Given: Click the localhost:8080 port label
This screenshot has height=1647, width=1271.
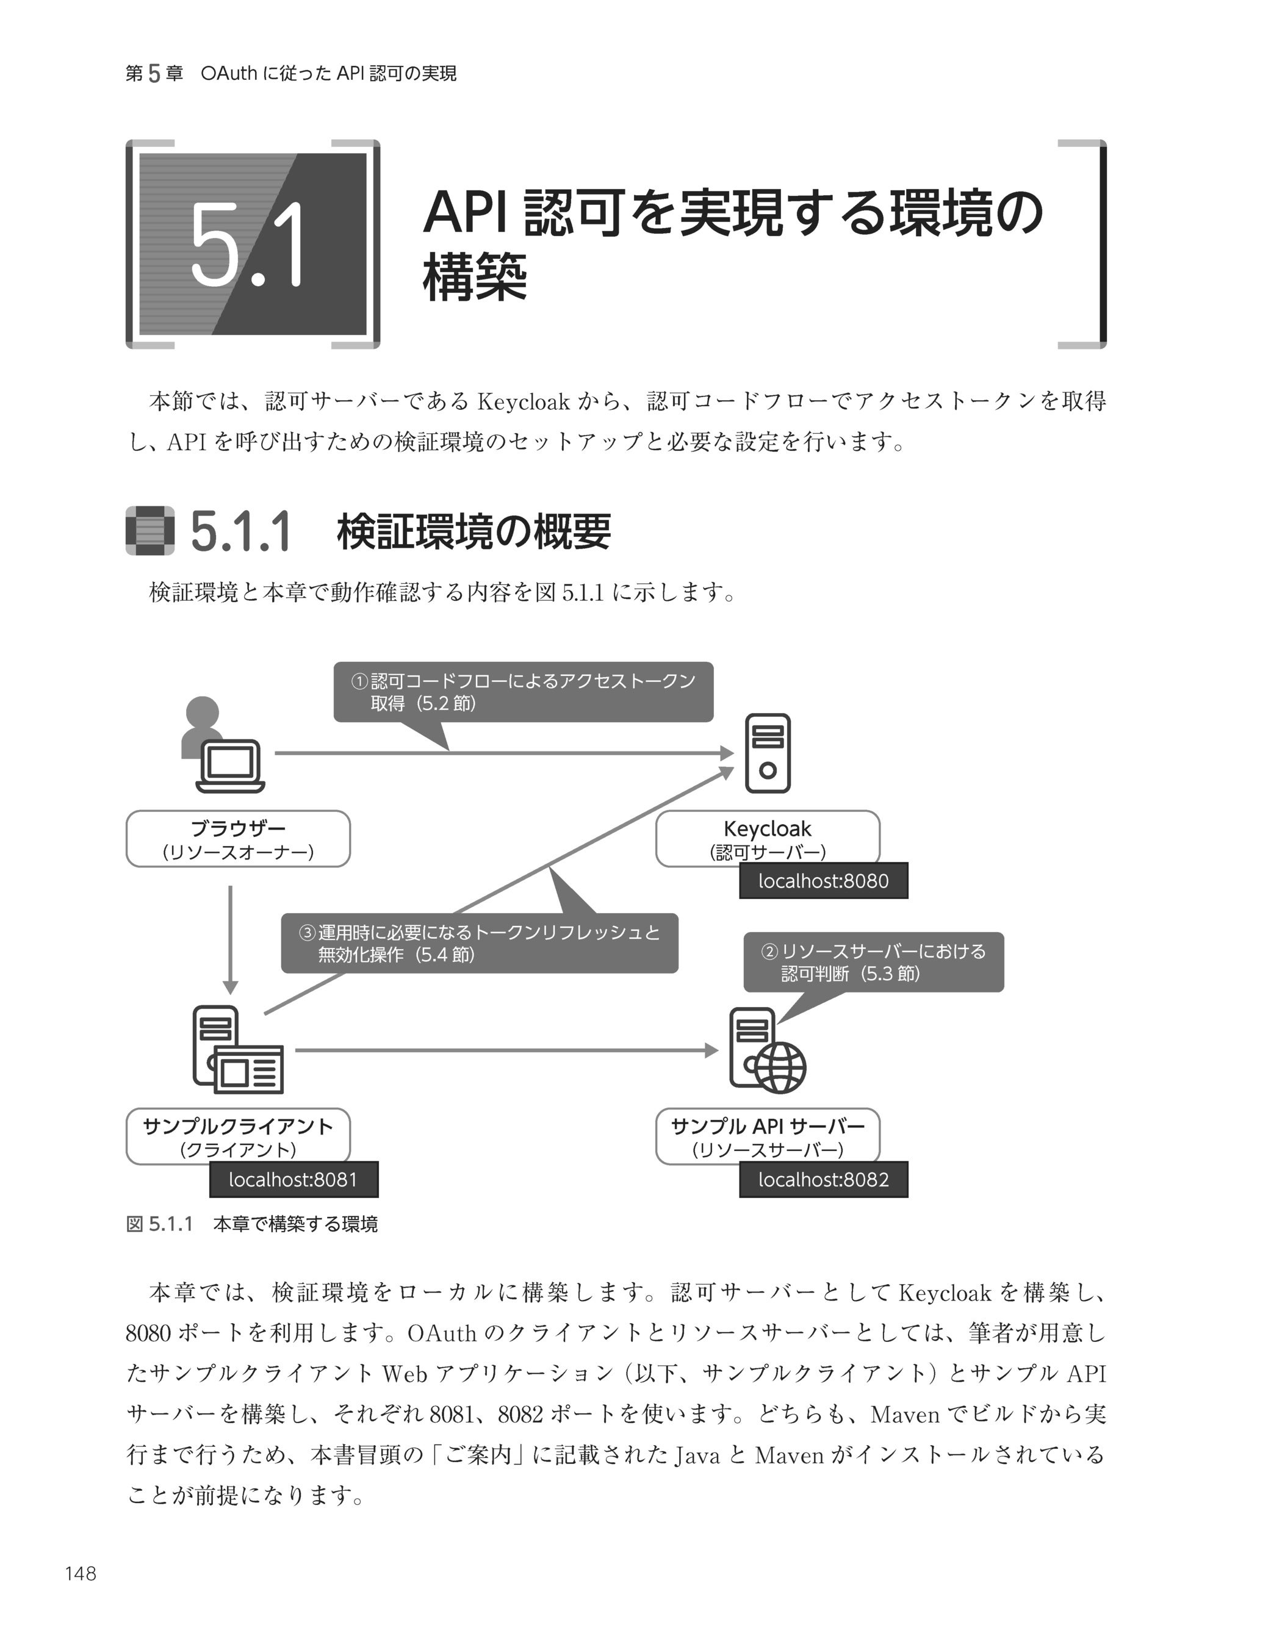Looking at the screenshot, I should click(823, 881).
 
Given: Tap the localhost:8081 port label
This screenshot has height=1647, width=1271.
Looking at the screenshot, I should click(293, 1180).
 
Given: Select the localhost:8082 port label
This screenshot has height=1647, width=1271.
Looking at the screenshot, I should click(823, 1180).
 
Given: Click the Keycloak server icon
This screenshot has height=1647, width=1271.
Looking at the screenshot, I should click(767, 753).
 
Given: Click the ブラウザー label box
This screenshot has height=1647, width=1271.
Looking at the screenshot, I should click(237, 839).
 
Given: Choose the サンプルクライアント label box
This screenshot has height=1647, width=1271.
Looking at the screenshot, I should click(237, 1136).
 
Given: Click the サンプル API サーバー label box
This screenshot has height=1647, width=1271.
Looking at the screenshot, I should click(767, 1136).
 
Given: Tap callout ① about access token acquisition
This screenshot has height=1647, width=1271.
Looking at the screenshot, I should click(523, 692).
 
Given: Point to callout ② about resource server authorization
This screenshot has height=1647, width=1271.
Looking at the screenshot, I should click(874, 962).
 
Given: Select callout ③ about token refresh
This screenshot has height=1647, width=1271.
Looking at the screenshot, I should click(479, 944).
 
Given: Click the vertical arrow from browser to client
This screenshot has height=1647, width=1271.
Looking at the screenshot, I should click(231, 939).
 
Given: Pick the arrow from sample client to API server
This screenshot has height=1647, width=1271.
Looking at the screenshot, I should click(505, 1050).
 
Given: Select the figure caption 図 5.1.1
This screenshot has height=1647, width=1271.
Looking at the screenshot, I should click(251, 1224).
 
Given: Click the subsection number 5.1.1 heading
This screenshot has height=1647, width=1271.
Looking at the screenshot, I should click(240, 533).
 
